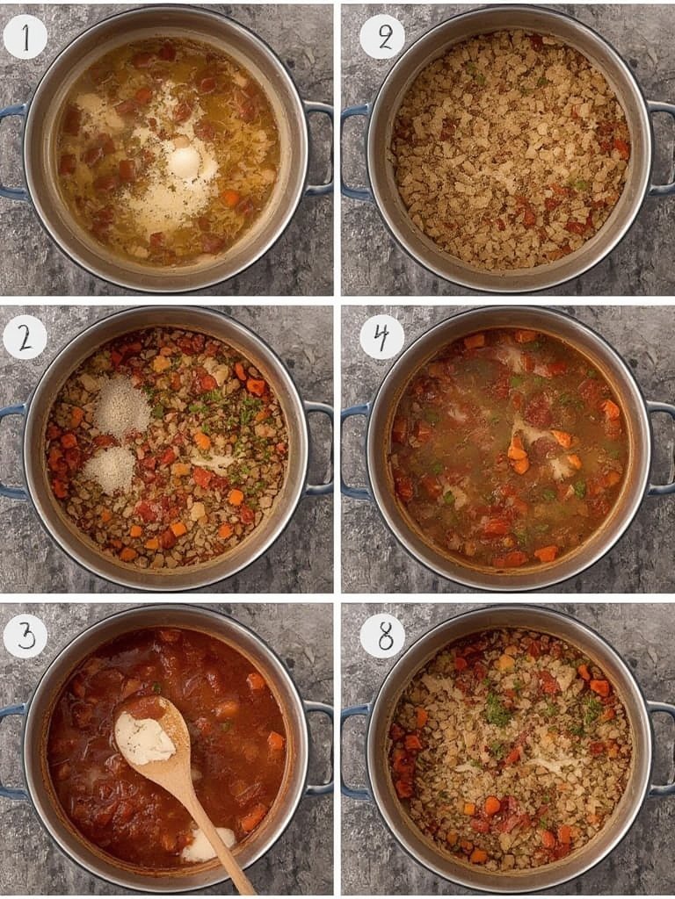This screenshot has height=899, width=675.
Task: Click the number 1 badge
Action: coord(25,38)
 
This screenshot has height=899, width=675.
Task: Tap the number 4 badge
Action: coord(381,337)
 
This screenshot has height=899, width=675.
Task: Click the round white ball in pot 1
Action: coord(185,162)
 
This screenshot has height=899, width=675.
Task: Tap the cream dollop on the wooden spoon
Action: coord(144,739)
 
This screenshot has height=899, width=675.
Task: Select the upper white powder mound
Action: coord(122,407)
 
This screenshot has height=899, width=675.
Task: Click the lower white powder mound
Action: coord(111,469)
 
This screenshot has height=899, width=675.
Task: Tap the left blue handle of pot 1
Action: coord(11,149)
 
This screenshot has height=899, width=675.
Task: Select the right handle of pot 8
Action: coord(663,751)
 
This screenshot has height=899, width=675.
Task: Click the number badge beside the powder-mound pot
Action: coord(25,337)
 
